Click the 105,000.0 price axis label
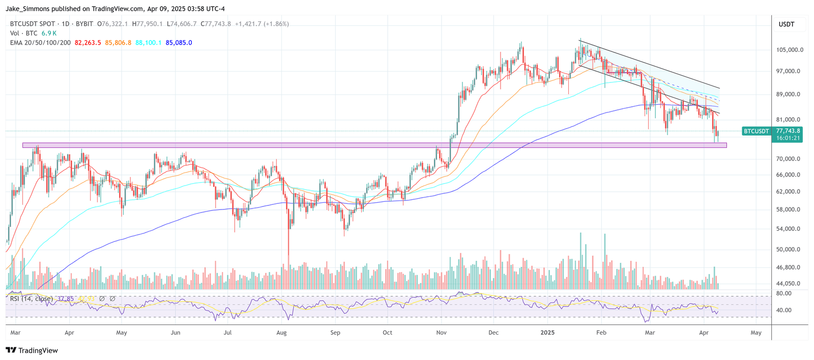(790, 50)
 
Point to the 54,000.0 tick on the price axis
(790, 229)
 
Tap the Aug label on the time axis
(281, 333)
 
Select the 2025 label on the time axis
(547, 333)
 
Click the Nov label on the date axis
(441, 333)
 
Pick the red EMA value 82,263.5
(88, 43)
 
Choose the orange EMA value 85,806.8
(118, 43)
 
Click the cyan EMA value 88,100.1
(148, 43)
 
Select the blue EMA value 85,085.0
(179, 43)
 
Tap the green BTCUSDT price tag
(757, 131)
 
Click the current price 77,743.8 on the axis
(788, 131)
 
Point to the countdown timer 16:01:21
(788, 138)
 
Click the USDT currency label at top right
(786, 24)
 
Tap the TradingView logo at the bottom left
(32, 350)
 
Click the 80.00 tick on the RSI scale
(784, 293)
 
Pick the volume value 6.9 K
(49, 33)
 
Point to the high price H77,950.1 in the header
(147, 24)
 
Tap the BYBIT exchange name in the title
(84, 24)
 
